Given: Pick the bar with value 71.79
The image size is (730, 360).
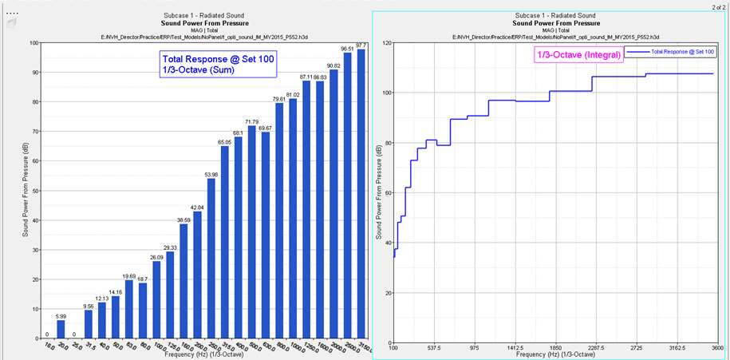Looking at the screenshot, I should (252, 231).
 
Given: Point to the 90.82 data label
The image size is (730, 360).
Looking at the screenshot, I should (333, 65).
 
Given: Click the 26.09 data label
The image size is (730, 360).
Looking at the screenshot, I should (156, 257).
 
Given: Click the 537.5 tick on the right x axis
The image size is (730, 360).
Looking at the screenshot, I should (434, 348).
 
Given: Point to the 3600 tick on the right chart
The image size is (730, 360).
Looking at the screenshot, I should (716, 348).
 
